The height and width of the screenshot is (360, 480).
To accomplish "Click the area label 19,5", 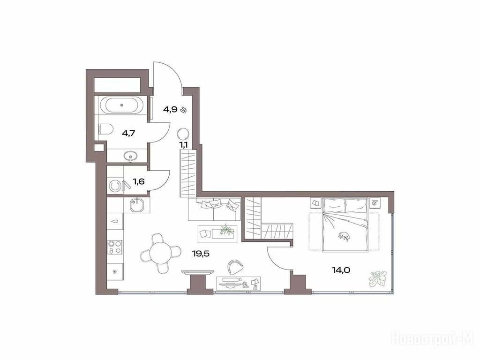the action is (201, 254).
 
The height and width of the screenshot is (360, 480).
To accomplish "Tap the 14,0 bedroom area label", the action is (341, 270).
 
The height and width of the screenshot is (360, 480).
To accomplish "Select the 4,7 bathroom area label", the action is (128, 133).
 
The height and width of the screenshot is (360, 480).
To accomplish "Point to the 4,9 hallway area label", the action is (170, 110).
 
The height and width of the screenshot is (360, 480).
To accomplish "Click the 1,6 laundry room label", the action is (139, 181).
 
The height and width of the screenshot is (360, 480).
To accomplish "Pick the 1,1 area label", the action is (184, 145).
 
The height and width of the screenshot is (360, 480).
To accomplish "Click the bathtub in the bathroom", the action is (122, 105).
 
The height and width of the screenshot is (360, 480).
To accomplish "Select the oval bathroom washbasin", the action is (132, 157).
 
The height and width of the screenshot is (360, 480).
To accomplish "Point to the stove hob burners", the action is (115, 247).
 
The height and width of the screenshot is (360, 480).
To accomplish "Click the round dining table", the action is (161, 253).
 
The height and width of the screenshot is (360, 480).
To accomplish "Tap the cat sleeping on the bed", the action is (344, 236).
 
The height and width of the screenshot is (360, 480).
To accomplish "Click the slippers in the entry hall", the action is (184, 110).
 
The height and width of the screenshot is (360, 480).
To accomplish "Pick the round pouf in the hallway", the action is (183, 134).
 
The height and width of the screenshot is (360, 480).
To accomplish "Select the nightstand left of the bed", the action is (315, 202).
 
